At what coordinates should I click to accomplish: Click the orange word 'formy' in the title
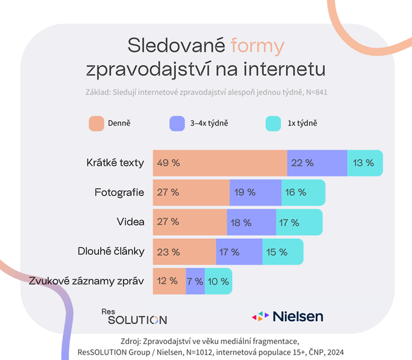(x=258, y=46)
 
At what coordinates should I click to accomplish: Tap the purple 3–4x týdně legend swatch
(x=177, y=124)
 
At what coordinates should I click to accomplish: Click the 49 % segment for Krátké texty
(x=220, y=163)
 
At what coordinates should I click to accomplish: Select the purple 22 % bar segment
(x=317, y=163)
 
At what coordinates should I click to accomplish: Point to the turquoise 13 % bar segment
(x=365, y=163)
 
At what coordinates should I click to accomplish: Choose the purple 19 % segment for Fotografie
(x=253, y=192)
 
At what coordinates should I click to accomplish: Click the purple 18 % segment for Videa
(x=251, y=222)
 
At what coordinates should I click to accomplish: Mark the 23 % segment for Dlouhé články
(x=184, y=252)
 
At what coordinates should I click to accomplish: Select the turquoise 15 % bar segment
(x=283, y=252)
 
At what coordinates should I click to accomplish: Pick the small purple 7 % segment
(x=195, y=281)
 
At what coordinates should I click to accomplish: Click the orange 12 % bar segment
(x=169, y=281)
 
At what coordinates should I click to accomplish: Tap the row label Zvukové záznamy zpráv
(x=87, y=281)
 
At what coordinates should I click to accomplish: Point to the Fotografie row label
(x=119, y=192)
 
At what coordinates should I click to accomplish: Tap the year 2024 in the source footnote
(x=336, y=351)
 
